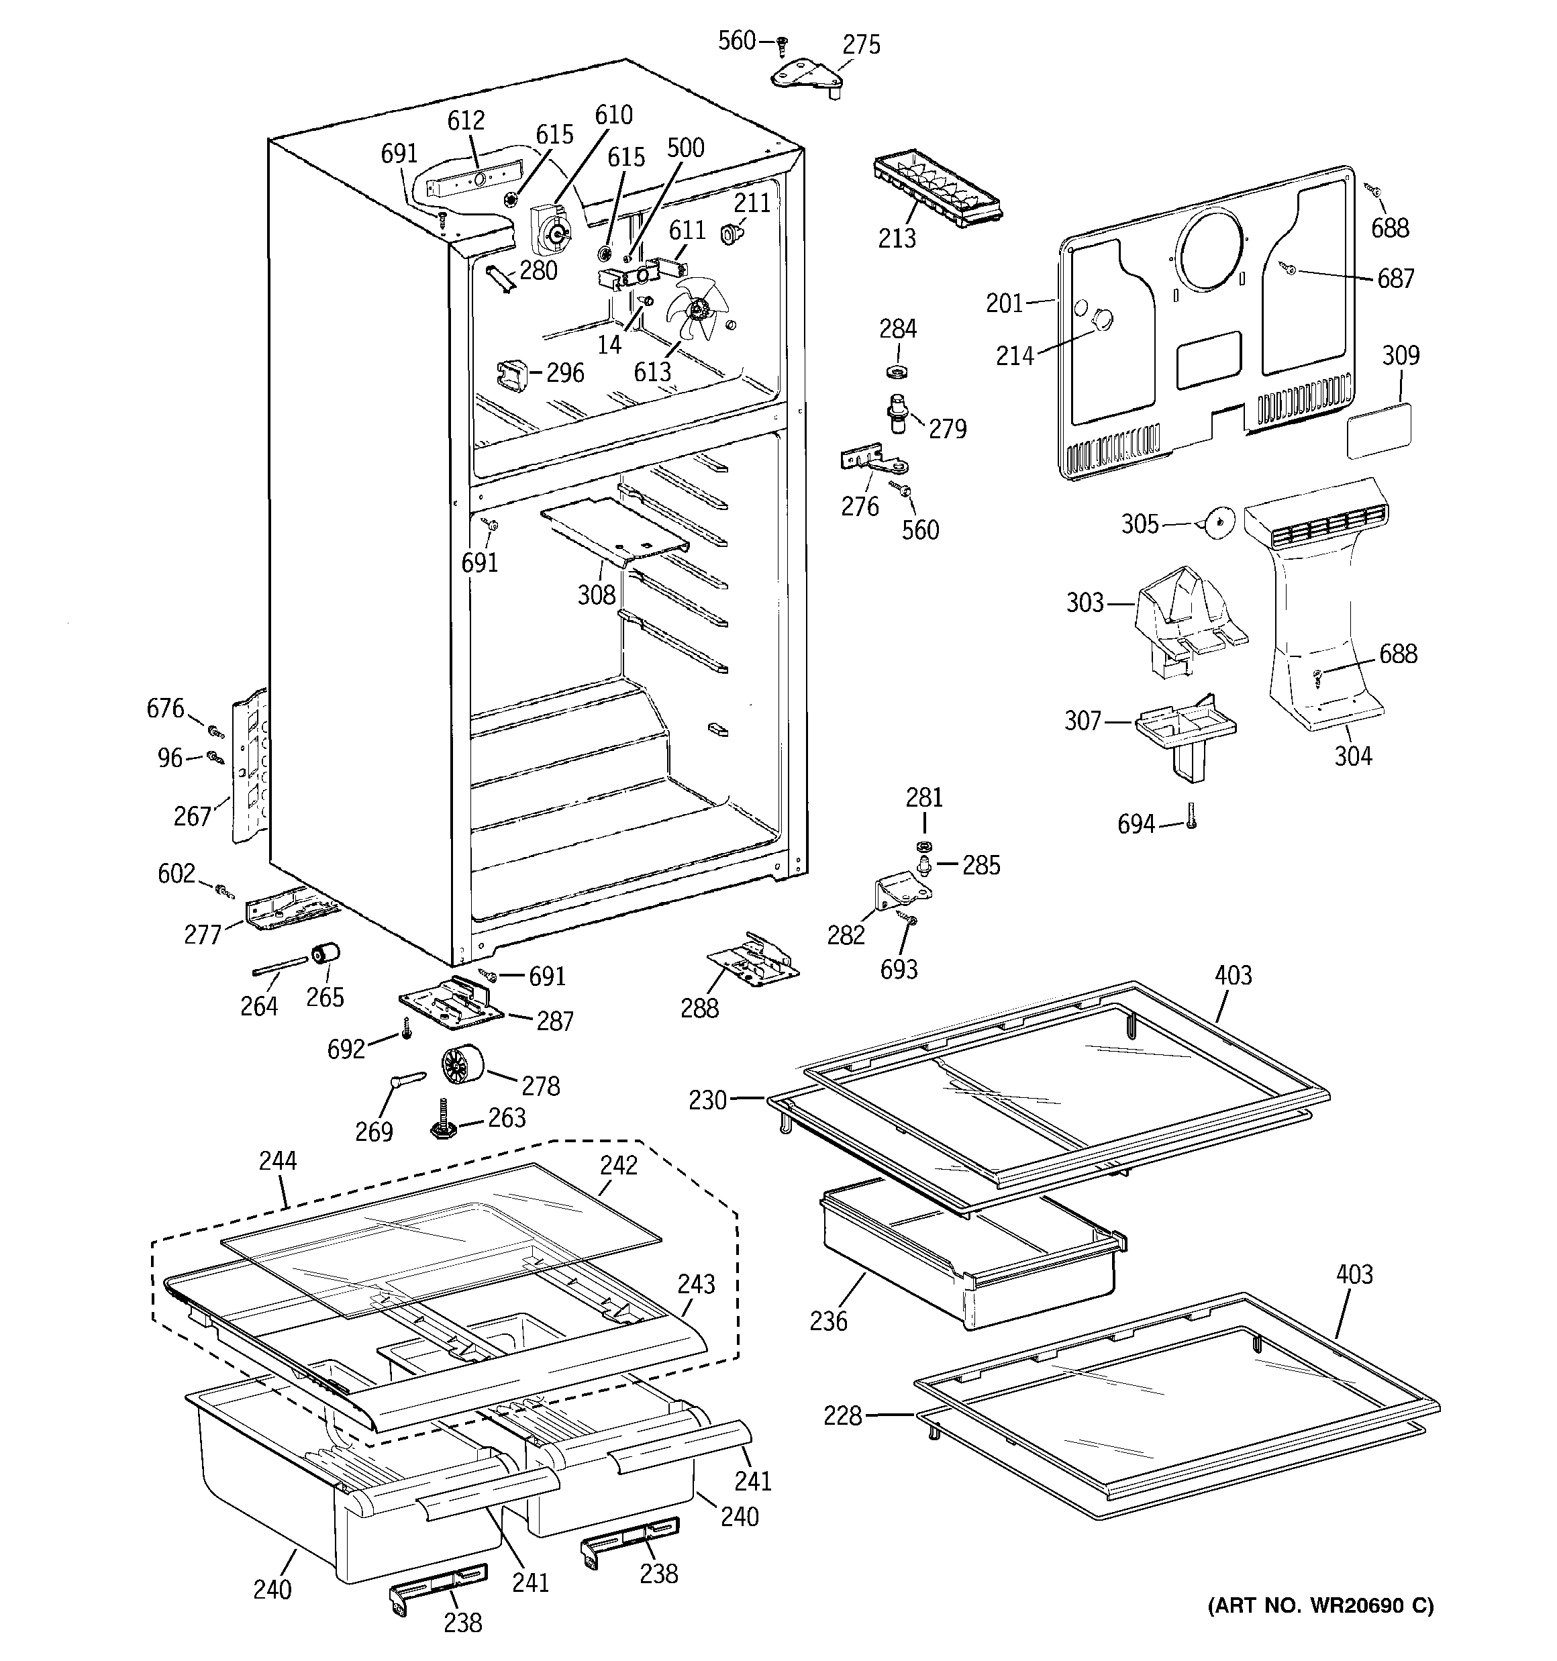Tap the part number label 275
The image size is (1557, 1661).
[861, 44]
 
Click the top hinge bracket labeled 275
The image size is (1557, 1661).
[804, 76]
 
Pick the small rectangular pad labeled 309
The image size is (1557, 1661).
[1379, 430]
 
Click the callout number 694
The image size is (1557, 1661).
[1135, 825]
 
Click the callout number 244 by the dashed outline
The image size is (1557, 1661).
[277, 1160]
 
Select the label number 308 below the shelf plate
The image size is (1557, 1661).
[596, 595]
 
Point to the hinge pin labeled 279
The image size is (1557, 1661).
[897, 413]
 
